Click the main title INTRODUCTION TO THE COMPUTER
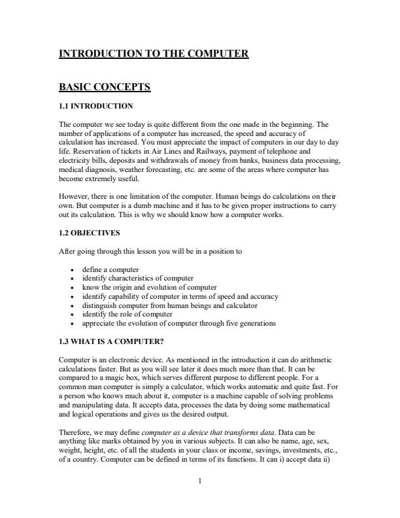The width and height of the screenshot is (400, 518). (154, 53)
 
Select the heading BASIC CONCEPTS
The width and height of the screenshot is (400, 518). (105, 86)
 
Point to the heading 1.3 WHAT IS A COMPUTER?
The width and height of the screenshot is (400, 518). (110, 340)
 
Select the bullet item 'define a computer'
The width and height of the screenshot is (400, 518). (110, 269)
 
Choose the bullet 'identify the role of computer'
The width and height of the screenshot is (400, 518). (127, 314)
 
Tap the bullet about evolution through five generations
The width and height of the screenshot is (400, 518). (178, 323)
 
